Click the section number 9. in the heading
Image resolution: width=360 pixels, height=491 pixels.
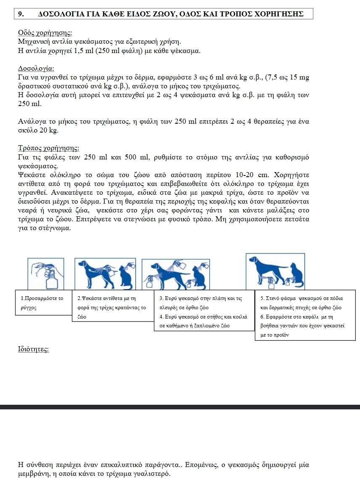tap(21, 13)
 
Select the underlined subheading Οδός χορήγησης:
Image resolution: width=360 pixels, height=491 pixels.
tap(45, 33)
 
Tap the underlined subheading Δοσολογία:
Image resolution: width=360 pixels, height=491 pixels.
tap(37, 68)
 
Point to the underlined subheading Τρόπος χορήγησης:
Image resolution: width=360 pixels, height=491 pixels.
tap(49, 148)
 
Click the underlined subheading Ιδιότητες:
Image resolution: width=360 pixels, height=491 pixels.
tap(33, 349)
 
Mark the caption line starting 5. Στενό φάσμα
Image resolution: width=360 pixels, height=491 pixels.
tap(302, 298)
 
